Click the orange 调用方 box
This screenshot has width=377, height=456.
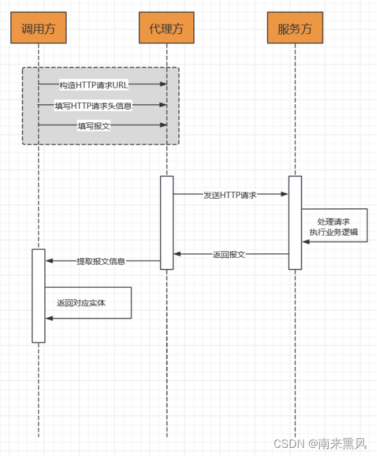[38, 28]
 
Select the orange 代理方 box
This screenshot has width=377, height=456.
[166, 28]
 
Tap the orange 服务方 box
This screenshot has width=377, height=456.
[295, 28]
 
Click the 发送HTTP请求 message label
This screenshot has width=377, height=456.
[230, 195]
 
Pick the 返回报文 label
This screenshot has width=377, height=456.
[229, 254]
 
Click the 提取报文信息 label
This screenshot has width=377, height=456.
[101, 261]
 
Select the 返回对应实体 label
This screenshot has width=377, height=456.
[81, 303]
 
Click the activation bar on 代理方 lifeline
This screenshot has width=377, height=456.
[167, 223]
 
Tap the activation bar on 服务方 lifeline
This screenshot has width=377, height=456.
[295, 223]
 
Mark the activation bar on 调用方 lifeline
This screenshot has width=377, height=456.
[38, 295]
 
